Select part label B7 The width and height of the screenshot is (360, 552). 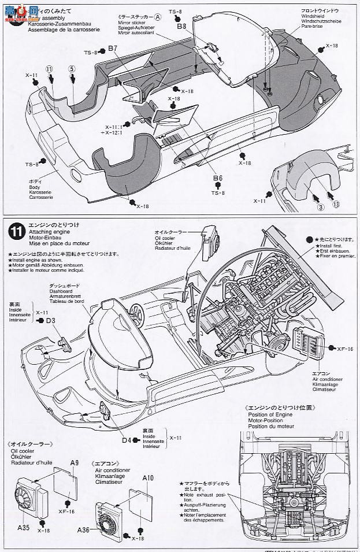click(113, 49)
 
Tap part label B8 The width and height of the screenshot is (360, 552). click(181, 27)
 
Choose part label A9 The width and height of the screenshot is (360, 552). click(75, 462)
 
